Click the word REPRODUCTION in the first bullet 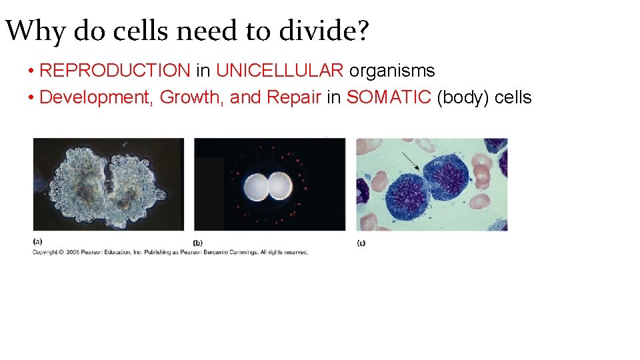(x=115, y=71)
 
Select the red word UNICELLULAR (x=280, y=71)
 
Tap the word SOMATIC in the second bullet (x=389, y=97)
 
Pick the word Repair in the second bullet (x=294, y=97)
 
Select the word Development (x=97, y=97)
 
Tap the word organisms (x=392, y=71)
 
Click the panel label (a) (x=37, y=241)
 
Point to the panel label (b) (x=198, y=243)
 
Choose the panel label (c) (x=361, y=243)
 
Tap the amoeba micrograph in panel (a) (x=108, y=184)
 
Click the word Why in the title (x=35, y=31)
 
